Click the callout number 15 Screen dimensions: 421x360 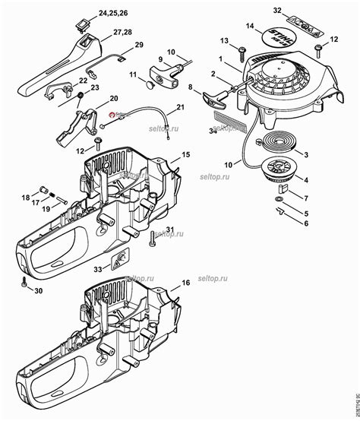[186, 154]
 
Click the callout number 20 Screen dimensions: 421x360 [113, 99]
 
